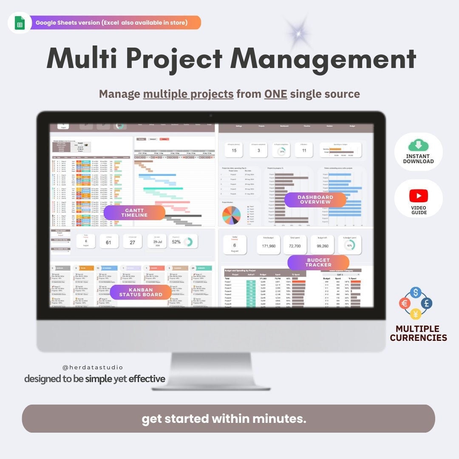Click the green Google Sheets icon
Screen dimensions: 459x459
pyautogui.click(x=20, y=23)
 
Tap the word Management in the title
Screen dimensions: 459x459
pyautogui.click(x=323, y=59)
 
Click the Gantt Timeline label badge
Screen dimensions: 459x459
pyautogui.click(x=134, y=213)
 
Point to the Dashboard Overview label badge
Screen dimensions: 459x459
pyautogui.click(x=315, y=200)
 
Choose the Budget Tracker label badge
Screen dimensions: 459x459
pyautogui.click(x=318, y=263)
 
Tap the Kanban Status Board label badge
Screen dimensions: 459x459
pyautogui.click(x=141, y=292)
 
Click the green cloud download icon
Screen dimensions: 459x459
pyautogui.click(x=418, y=146)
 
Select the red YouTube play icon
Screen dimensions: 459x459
pyautogui.click(x=418, y=196)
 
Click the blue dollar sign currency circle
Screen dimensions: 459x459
pyautogui.click(x=416, y=292)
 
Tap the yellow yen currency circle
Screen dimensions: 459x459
pyautogui.click(x=416, y=314)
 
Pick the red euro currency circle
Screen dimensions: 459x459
pyautogui.click(x=405, y=303)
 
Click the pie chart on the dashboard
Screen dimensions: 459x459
pyautogui.click(x=231, y=215)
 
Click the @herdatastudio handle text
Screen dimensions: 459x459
pyautogui.click(x=92, y=367)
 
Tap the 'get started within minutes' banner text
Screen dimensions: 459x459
pyautogui.click(x=224, y=419)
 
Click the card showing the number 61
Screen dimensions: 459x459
pyautogui.click(x=109, y=241)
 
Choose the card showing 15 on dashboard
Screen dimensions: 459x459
pyautogui.click(x=234, y=149)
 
